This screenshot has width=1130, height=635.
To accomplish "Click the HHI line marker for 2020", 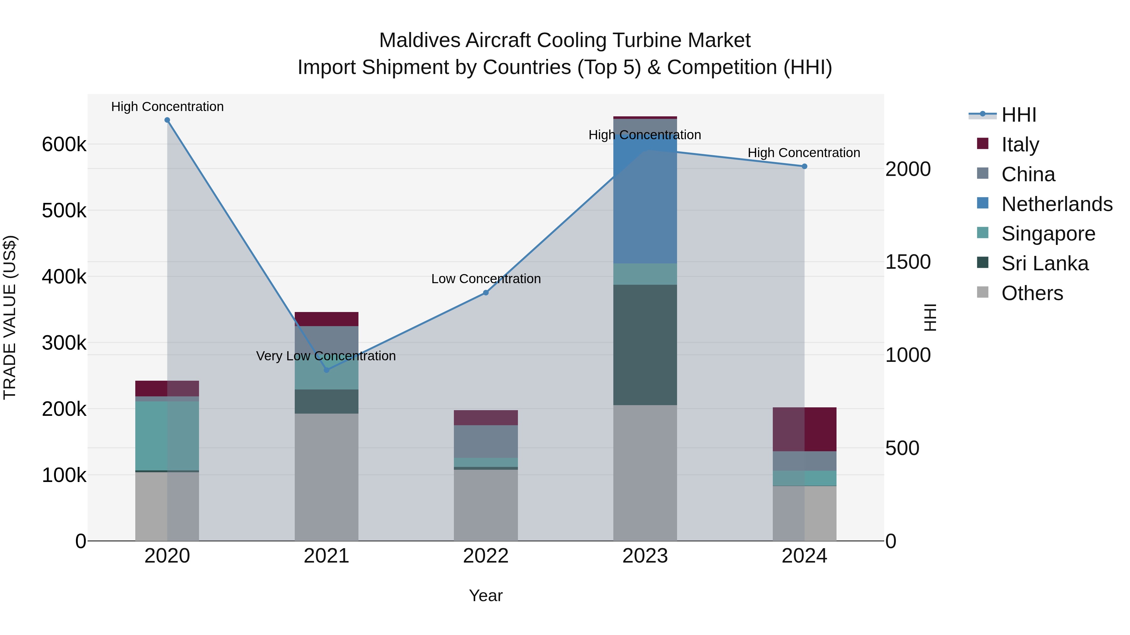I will click(x=167, y=120).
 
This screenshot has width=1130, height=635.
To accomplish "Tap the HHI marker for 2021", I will click(x=326, y=370).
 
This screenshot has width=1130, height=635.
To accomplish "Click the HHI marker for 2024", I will click(x=804, y=167).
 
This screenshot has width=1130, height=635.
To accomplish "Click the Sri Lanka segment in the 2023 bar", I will click(x=645, y=345).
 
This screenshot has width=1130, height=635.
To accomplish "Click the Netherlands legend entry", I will click(x=1056, y=204).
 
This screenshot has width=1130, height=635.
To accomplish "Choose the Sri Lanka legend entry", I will click(x=1044, y=263).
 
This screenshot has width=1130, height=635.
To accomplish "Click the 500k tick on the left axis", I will click(x=64, y=211).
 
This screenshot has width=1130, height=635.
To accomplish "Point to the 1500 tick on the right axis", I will click(x=907, y=262).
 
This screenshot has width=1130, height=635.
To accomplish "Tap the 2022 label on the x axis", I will click(x=486, y=556).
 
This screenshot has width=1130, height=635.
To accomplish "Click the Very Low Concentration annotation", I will click(x=326, y=356).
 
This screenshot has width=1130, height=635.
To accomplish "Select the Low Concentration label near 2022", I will click(x=486, y=279).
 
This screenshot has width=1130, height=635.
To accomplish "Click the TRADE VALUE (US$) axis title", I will click(x=10, y=317).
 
